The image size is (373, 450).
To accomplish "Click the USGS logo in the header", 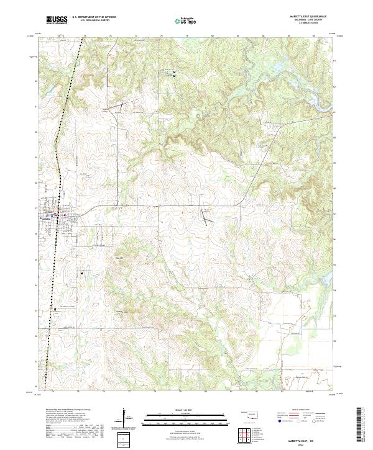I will pos(57,20).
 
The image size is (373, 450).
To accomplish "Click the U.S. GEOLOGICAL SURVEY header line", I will pos(93,21).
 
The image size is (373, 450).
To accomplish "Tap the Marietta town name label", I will pos(45,218).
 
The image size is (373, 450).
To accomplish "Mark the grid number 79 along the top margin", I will pos(187,36).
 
